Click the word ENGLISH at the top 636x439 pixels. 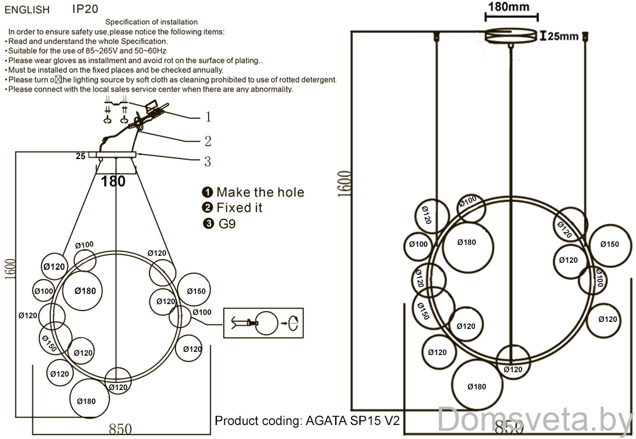pyautogui.click(x=27, y=10)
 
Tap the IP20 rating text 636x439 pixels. pyautogui.click(x=85, y=10)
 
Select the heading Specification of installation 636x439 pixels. pyautogui.click(x=151, y=22)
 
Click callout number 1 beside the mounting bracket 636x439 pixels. pyautogui.click(x=207, y=117)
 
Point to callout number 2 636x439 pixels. pyautogui.click(x=207, y=141)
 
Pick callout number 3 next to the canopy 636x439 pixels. pyautogui.click(x=207, y=162)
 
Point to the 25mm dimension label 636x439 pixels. pyautogui.click(x=562, y=36)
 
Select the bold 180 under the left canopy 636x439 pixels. pyautogui.click(x=114, y=181)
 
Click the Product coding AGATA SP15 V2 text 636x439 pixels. pyautogui.click(x=308, y=421)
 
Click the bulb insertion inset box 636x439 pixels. pyautogui.click(x=264, y=323)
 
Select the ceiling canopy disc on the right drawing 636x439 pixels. pyautogui.click(x=512, y=36)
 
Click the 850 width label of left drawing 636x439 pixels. pyautogui.click(x=120, y=429)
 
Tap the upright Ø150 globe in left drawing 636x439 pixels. pyautogui.click(x=196, y=291)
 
